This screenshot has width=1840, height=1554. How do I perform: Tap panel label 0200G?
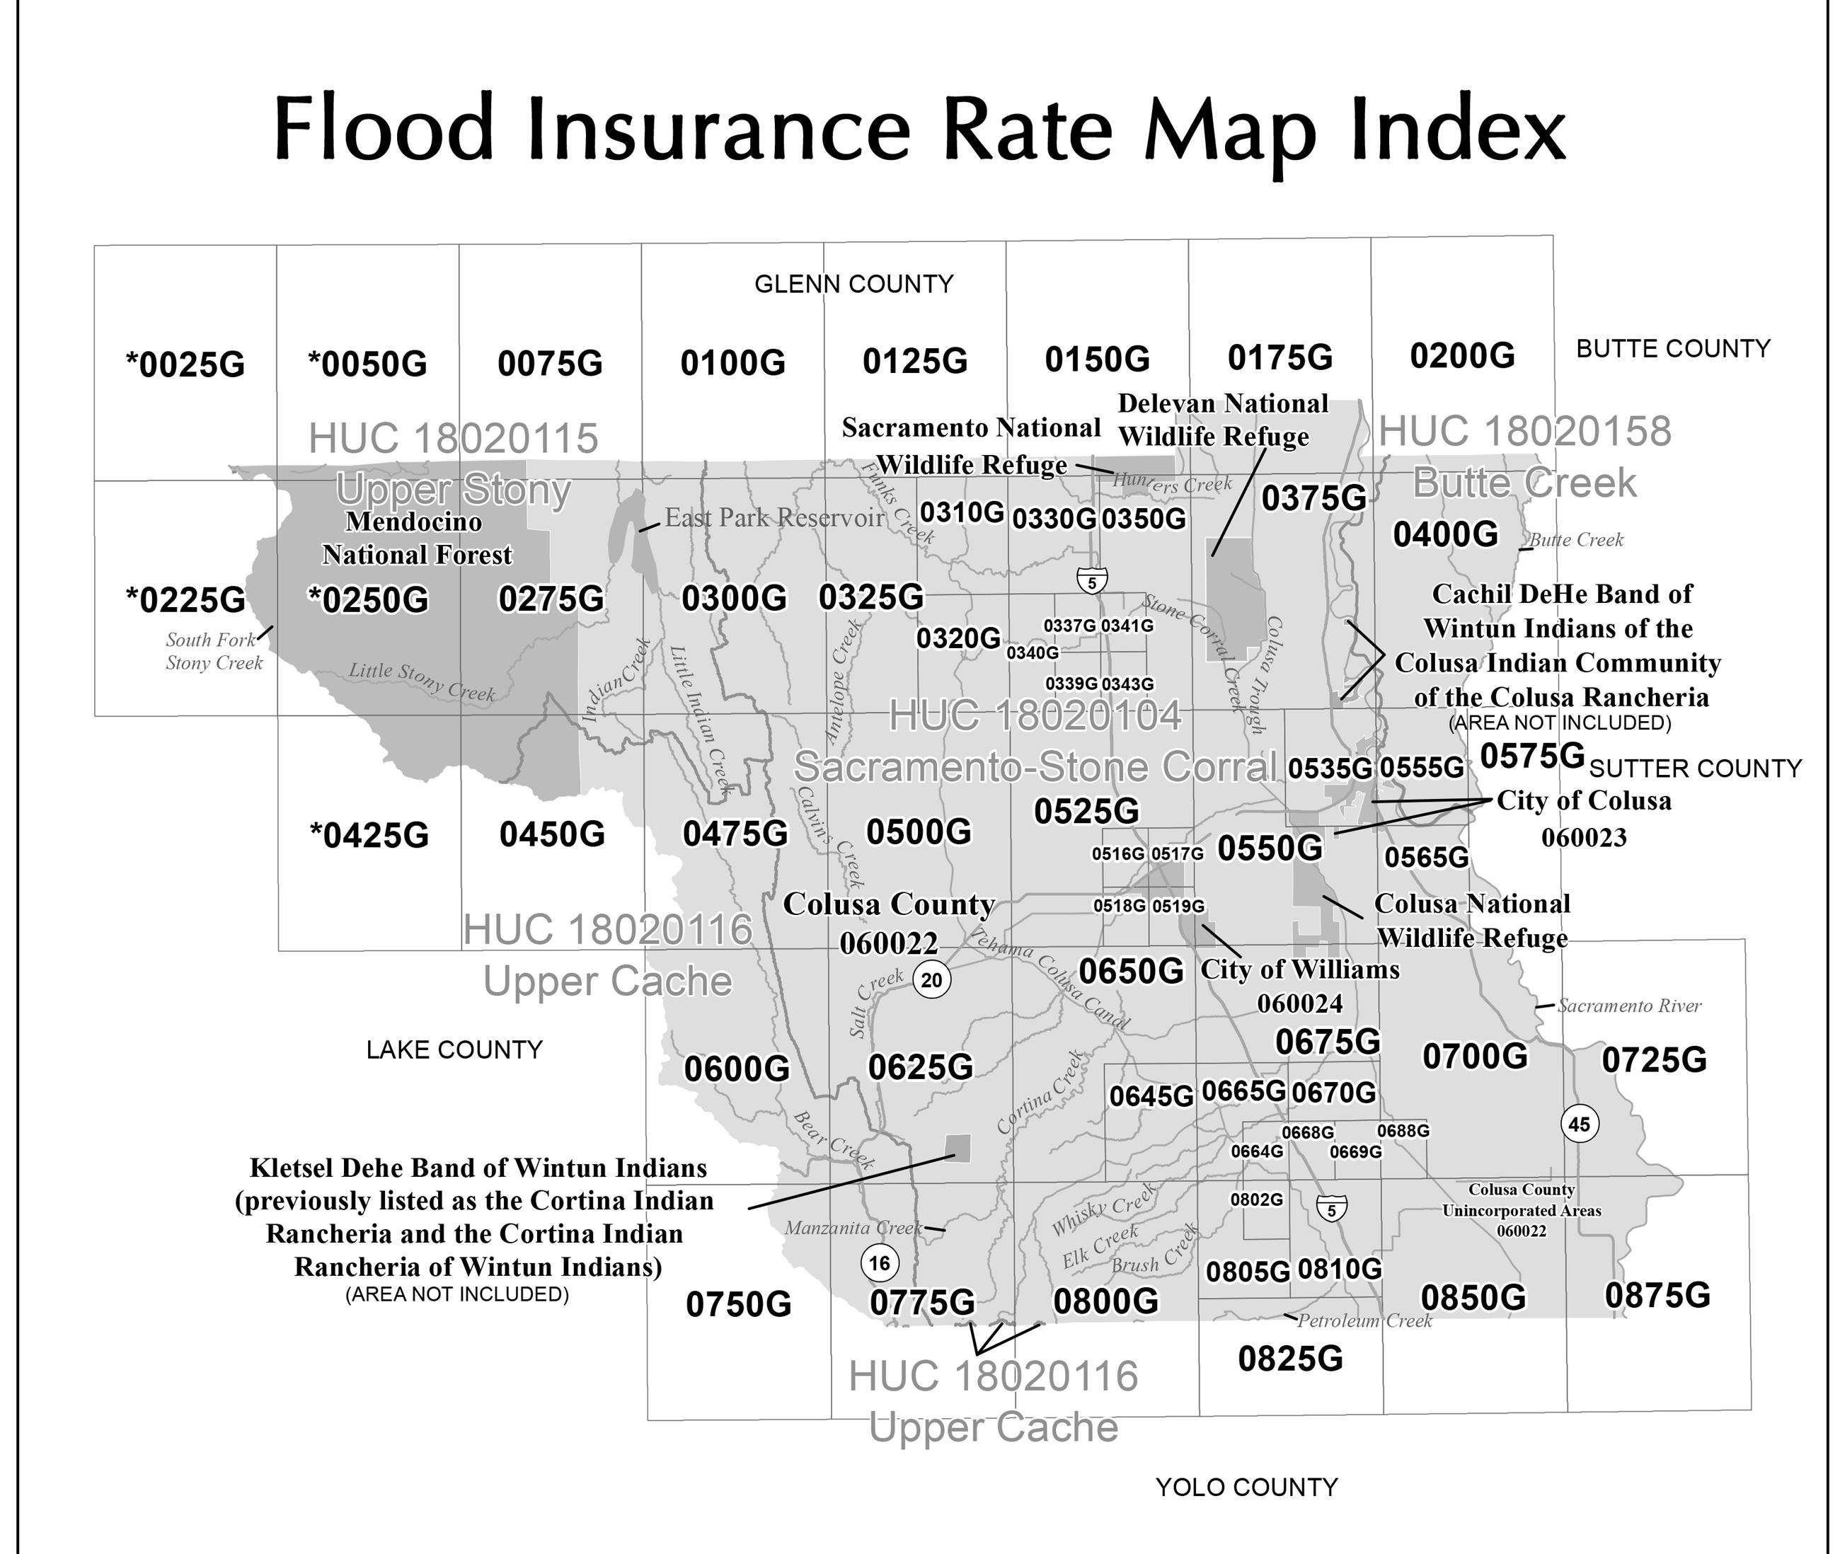(1462, 356)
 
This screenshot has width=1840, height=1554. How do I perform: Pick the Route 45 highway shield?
(1580, 1124)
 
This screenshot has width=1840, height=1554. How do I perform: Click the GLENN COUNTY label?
(853, 284)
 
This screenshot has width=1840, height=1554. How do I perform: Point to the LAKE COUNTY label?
(454, 1050)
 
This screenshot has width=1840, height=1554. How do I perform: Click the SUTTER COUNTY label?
(1695, 769)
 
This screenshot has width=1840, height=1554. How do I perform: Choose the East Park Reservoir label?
(774, 518)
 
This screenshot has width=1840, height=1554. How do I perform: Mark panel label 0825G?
(1290, 1359)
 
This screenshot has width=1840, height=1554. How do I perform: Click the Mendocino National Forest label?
(415, 539)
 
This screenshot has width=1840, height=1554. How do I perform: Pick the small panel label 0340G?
(1033, 652)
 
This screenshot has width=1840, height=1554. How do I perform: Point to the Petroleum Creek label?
(1364, 1321)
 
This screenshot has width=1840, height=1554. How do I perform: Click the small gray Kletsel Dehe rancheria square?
(958, 1147)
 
